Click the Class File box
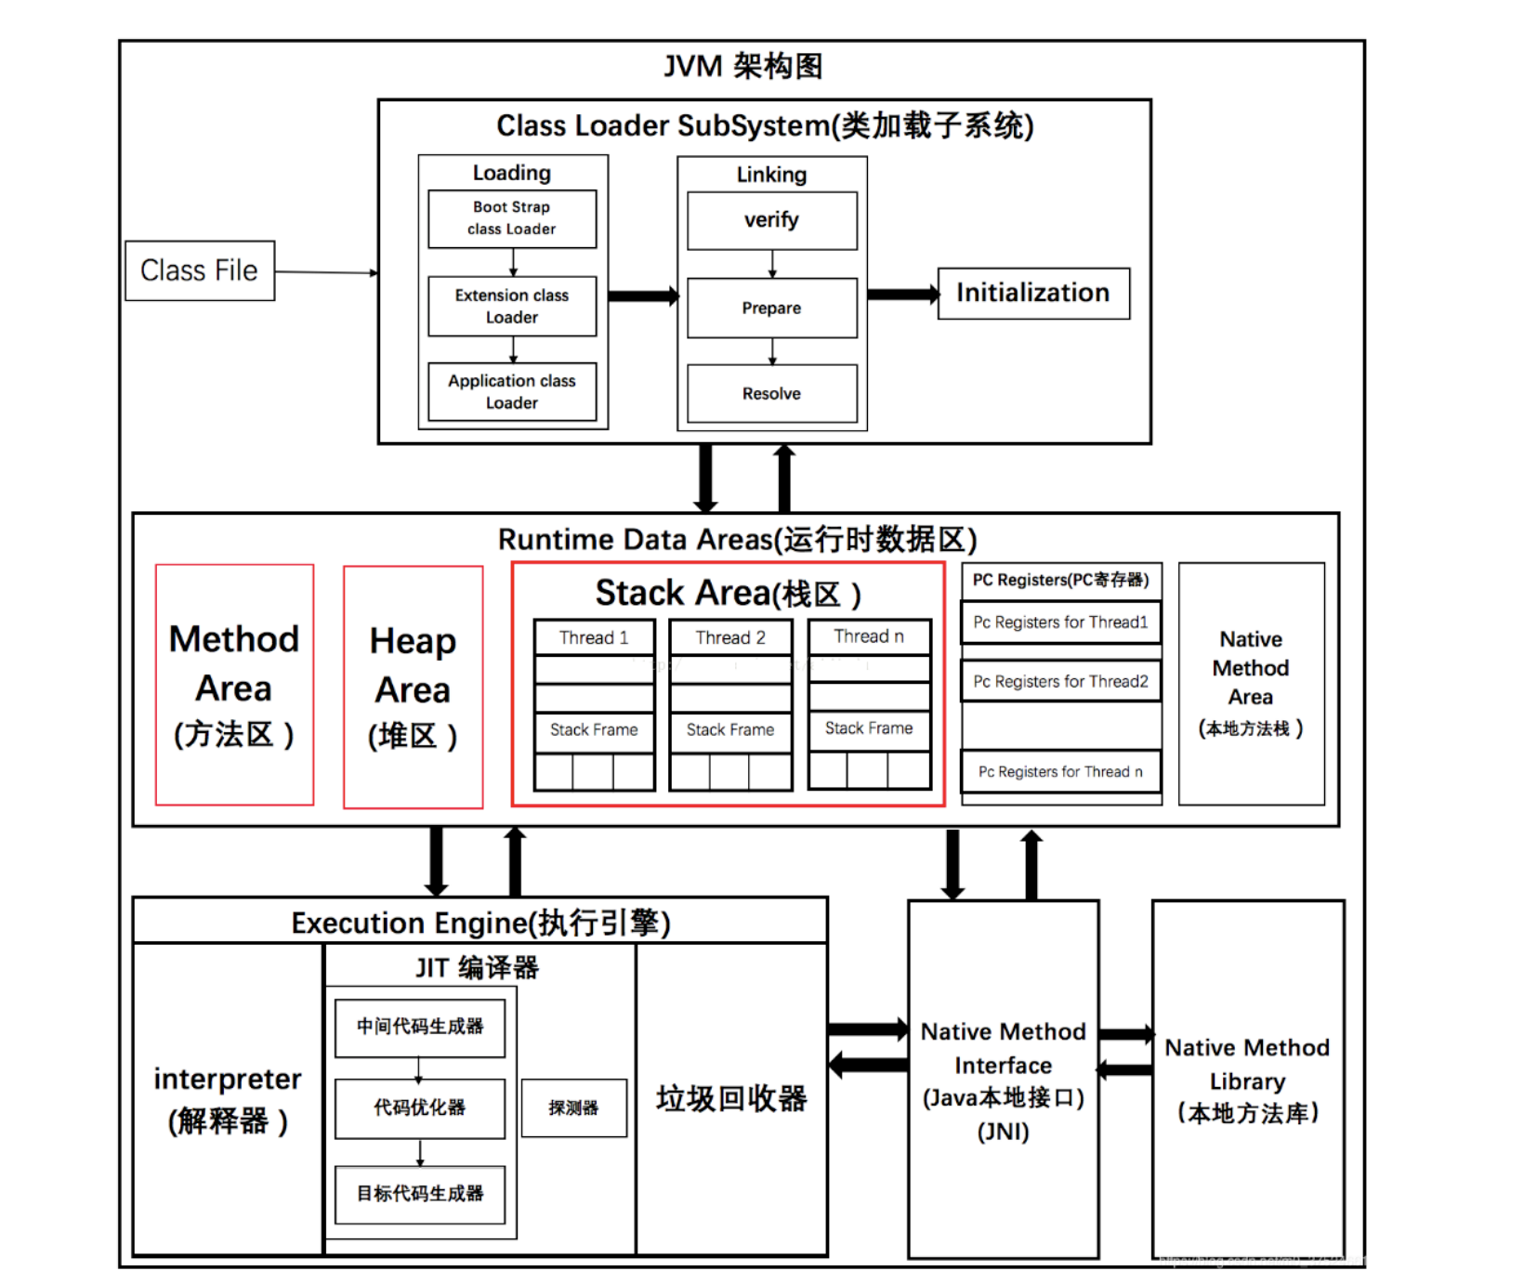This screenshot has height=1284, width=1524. (x=199, y=270)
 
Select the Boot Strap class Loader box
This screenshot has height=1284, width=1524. (x=511, y=218)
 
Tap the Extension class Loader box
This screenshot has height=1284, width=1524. (x=511, y=306)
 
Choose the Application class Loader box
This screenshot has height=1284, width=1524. (x=511, y=391)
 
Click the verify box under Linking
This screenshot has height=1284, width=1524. (x=771, y=220)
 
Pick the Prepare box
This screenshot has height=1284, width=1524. (x=771, y=308)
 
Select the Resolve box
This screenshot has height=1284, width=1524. (x=771, y=393)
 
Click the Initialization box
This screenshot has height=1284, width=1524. (x=1032, y=293)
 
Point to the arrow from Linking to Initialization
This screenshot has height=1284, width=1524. (x=901, y=295)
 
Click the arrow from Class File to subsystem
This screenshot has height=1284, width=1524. (x=325, y=272)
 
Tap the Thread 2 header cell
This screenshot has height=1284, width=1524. (x=730, y=637)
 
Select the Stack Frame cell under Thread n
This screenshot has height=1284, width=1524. (x=869, y=728)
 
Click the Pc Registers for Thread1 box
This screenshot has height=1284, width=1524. (x=1060, y=622)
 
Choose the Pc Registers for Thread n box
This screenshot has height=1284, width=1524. (x=1060, y=771)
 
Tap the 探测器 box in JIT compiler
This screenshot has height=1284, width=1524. (x=573, y=1107)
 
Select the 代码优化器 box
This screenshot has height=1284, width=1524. (x=419, y=1107)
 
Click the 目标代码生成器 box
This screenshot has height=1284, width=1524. (x=419, y=1194)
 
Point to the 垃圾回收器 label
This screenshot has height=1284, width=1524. (x=731, y=1098)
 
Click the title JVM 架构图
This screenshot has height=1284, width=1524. (x=742, y=66)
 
